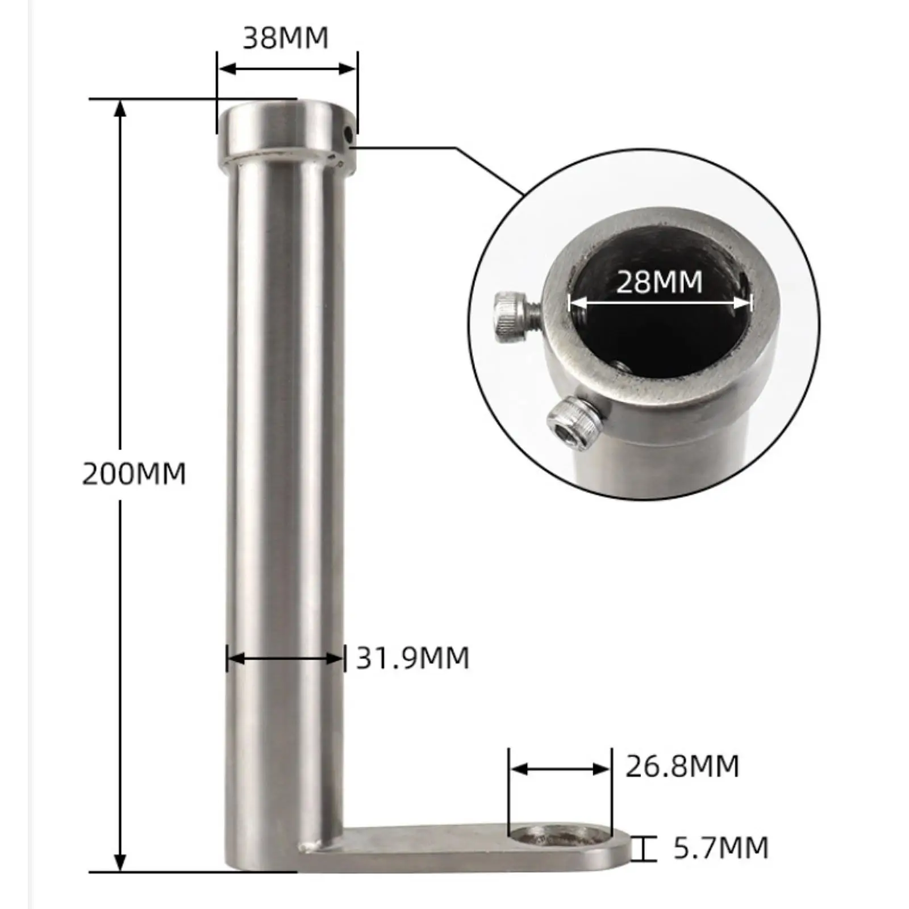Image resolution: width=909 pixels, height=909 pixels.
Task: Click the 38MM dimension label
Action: [x=286, y=38]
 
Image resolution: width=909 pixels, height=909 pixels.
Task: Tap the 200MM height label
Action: [x=134, y=474]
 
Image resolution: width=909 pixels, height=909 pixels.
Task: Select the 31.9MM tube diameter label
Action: [x=413, y=658]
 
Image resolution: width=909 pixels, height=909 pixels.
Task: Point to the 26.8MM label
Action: [x=682, y=766]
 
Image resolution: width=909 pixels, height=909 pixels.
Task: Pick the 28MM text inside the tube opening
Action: [x=659, y=282]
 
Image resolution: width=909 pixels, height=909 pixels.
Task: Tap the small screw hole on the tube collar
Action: [x=348, y=134]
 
